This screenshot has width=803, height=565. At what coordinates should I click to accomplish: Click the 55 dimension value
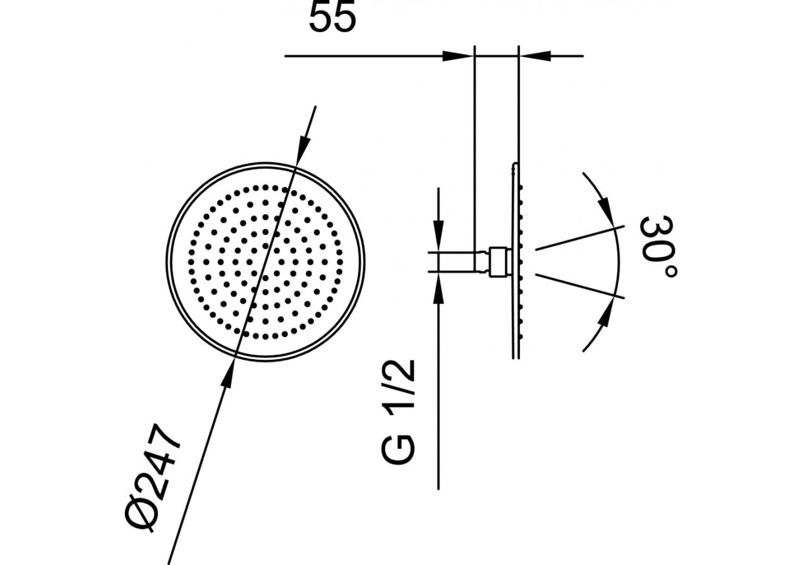click(x=332, y=19)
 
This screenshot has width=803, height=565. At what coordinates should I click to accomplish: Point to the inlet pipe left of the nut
click(x=455, y=262)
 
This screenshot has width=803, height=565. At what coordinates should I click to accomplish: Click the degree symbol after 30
click(x=669, y=271)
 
